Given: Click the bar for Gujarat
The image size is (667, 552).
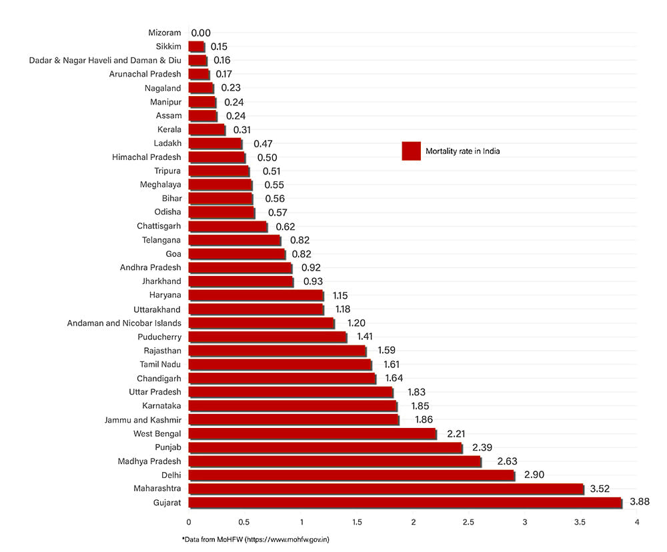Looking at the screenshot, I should [x=405, y=503].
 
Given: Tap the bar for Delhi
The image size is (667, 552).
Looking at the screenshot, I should [x=352, y=475].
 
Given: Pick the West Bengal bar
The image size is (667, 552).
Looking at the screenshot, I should [x=312, y=434].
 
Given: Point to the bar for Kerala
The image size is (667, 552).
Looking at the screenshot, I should [x=207, y=129].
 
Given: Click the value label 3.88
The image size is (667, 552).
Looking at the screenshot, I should [x=638, y=502].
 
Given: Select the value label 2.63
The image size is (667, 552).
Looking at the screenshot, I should [x=507, y=461].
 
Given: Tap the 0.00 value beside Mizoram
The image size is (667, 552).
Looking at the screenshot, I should [x=201, y=33].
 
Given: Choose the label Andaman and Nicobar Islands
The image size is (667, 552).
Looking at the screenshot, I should [x=124, y=323].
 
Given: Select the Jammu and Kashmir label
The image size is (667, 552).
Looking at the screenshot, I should [x=143, y=419].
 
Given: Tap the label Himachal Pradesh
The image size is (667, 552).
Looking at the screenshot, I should [x=147, y=157].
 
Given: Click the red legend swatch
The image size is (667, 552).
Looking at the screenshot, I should [x=411, y=151].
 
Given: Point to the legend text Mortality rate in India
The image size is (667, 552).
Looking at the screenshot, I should [x=462, y=151].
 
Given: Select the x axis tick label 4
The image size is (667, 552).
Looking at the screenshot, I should [x=637, y=522].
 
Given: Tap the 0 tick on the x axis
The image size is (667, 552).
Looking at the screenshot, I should [x=189, y=522].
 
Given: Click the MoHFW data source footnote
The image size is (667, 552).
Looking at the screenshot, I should [x=255, y=539].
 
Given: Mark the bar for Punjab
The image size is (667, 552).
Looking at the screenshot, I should [x=325, y=447].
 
